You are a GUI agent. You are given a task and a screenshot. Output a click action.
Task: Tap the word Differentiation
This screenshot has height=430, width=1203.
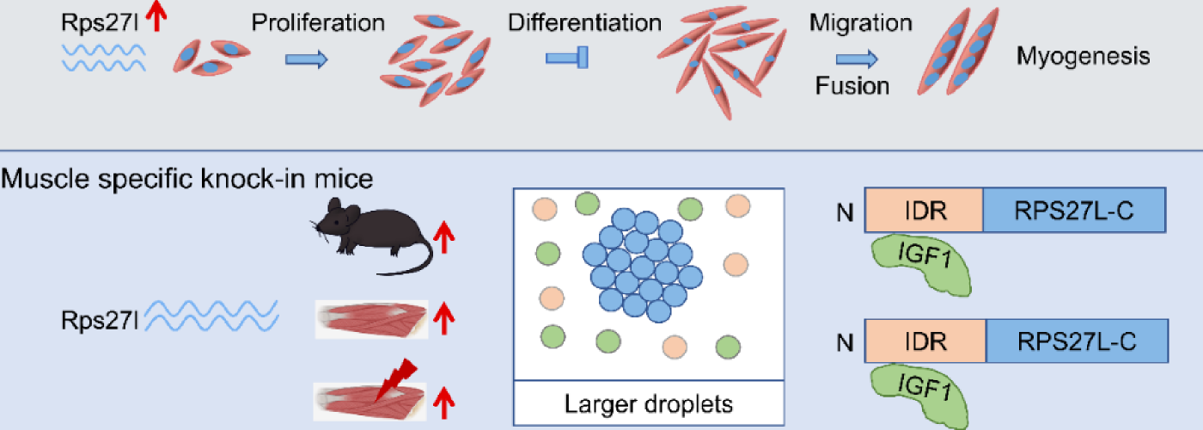583,22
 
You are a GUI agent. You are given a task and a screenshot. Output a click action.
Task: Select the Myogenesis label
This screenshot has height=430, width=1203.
1083,58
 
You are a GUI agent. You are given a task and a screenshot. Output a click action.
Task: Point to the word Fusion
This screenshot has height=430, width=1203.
852,85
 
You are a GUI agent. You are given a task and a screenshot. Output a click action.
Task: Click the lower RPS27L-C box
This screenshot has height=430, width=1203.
1078,341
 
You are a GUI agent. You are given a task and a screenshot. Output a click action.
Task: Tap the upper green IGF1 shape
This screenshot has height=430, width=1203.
920,264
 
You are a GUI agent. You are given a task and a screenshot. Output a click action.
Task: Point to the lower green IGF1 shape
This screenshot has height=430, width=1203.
920,391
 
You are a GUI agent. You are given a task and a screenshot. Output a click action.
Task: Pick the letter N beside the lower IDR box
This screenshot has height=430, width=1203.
846,342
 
